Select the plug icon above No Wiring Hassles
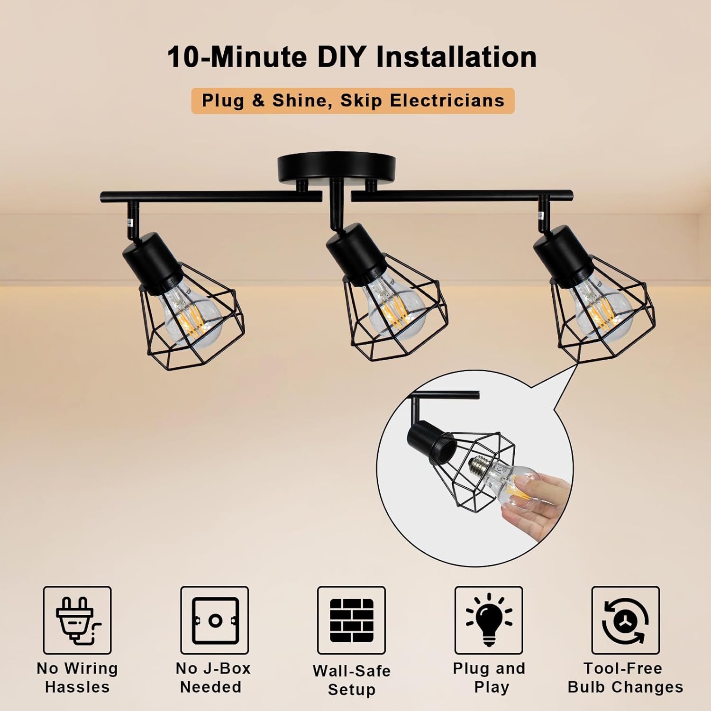tap(77, 620)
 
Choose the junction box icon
tap(215, 620)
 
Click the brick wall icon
tap(351, 620)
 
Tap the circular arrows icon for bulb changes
tap(625, 620)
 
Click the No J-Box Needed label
tap(213, 677)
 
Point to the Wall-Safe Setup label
tap(351, 680)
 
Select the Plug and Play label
tap(489, 677)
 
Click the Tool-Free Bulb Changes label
tap(625, 677)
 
